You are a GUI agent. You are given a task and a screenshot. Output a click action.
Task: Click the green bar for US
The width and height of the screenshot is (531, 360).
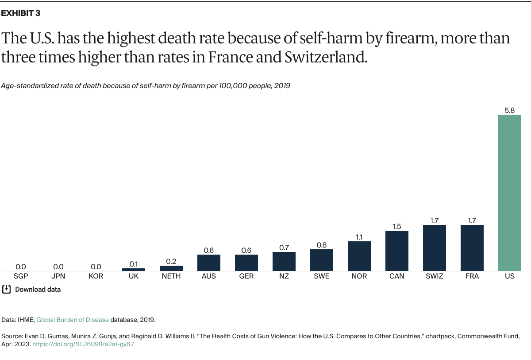(510, 193)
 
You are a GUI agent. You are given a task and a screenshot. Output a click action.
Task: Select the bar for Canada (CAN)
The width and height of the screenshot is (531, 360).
(397, 251)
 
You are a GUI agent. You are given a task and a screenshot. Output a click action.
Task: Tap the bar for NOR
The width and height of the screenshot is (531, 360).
(359, 256)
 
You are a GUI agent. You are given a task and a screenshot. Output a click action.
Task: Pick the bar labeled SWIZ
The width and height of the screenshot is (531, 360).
(435, 248)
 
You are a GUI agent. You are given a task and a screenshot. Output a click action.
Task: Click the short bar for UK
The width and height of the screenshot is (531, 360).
(134, 269)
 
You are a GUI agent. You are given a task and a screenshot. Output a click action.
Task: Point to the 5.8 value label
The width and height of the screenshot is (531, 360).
(510, 111)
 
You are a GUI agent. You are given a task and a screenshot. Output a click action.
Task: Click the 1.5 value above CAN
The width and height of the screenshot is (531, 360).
(397, 226)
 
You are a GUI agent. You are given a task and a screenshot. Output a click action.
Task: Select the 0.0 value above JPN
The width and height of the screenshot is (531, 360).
(58, 267)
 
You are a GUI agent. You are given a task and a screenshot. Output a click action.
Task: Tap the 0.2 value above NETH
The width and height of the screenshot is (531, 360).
(171, 261)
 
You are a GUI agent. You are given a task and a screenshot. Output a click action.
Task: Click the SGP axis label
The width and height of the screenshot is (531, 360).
(21, 276)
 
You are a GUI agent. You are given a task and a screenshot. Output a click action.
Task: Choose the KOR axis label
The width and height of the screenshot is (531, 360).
(96, 276)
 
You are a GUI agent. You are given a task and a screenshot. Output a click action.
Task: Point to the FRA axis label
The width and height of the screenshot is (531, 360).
(472, 276)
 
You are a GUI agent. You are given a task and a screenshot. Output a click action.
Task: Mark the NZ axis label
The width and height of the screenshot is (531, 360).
(284, 276)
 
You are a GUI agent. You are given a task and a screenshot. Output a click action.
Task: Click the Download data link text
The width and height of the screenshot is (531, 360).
(38, 290)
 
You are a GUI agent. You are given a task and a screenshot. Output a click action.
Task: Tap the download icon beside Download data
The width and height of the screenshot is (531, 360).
(7, 290)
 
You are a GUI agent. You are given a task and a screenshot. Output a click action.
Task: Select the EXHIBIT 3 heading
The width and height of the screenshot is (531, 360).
(21, 13)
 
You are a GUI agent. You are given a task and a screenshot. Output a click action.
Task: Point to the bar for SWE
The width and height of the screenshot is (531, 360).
(322, 260)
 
